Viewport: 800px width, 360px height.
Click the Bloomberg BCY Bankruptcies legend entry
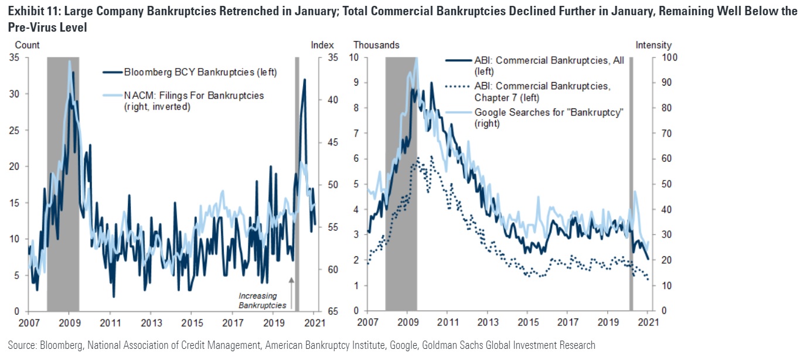(199, 72)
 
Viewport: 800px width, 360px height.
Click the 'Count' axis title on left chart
(27, 45)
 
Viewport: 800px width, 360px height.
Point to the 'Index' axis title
(322, 45)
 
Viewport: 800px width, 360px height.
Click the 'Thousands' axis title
(376, 45)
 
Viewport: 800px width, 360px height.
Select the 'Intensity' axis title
(653, 45)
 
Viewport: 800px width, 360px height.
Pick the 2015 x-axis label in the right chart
(528, 322)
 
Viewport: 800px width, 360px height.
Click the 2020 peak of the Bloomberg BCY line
(304, 80)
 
